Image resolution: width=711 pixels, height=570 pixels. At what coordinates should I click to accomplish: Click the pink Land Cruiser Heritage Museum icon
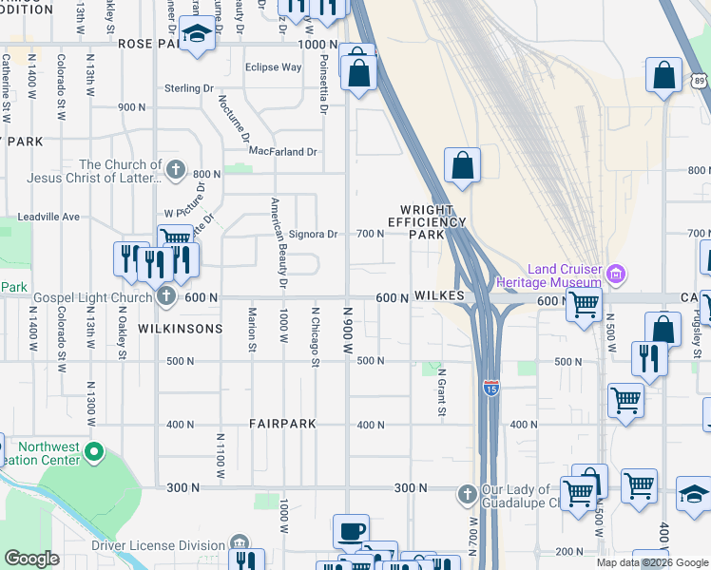616,275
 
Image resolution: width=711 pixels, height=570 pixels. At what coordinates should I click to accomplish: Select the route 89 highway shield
701,83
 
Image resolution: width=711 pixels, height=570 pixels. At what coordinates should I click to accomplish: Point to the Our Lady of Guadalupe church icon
467,494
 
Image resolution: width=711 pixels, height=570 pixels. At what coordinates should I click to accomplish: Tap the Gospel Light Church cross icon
166,296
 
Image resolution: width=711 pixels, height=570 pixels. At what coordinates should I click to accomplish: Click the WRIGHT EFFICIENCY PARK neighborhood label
433,221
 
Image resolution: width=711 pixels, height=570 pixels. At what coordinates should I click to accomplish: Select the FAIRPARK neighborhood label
281,424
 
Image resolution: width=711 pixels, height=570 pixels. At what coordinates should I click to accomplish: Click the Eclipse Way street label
273,67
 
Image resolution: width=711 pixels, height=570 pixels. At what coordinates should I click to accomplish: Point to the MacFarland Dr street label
282,151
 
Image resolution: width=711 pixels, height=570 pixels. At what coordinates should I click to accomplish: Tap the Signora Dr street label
313,234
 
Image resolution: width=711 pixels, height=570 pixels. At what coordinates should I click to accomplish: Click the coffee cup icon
352,530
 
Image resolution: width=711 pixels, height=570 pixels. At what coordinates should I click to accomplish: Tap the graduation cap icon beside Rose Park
196,35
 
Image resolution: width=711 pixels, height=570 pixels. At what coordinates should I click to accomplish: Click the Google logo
32,559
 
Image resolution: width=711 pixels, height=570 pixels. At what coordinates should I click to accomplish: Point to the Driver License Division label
159,545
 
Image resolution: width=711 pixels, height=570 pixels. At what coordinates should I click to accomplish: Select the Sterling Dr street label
188,88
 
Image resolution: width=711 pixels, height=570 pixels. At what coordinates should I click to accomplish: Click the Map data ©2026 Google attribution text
652,562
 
